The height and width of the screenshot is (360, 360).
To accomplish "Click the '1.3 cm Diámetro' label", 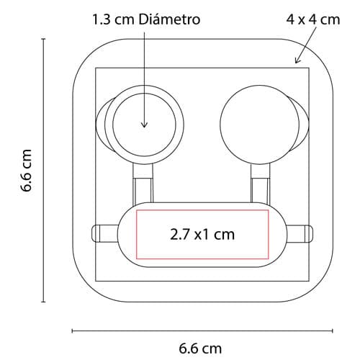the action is click(x=146, y=19).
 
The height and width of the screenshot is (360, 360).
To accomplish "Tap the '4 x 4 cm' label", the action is click(x=313, y=19).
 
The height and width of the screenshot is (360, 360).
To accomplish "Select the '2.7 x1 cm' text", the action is click(x=202, y=234).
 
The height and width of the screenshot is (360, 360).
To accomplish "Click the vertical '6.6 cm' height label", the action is click(x=26, y=170).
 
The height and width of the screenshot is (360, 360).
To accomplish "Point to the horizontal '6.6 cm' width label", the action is click(x=200, y=348).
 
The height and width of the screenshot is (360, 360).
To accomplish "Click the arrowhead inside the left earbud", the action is click(x=144, y=125).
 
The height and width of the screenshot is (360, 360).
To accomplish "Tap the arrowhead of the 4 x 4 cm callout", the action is click(x=297, y=60).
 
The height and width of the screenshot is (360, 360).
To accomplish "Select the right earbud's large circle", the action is click(x=260, y=125).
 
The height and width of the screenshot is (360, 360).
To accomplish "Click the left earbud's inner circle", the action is click(x=144, y=125).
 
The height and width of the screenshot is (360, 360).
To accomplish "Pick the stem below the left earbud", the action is click(x=143, y=184).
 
